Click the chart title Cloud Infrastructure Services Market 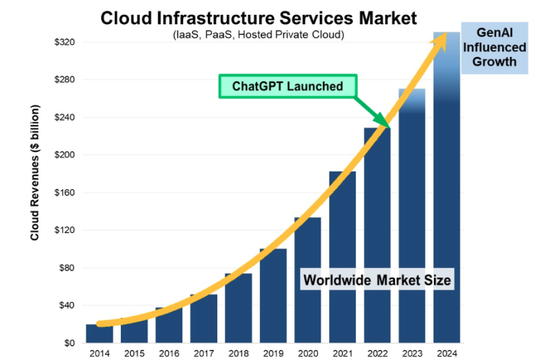[259, 18]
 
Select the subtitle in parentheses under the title [259, 34]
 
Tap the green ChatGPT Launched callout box [288, 86]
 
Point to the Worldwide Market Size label [377, 279]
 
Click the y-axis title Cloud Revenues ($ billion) [34, 173]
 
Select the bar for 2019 [273, 297]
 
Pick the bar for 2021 [342, 257]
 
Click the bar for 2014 [99, 334]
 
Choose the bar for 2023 [412, 223]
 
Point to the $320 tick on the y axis [64, 42]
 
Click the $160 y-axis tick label [64, 192]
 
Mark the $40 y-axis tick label [66, 305]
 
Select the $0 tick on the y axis [69, 343]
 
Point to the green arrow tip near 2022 [388, 125]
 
